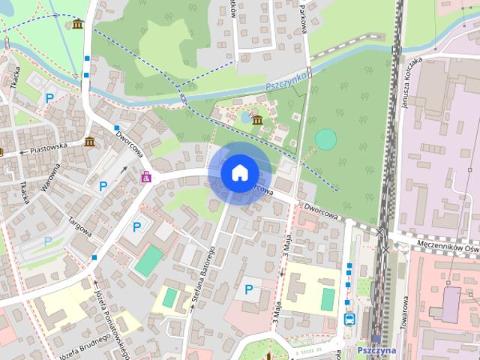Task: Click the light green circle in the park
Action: [325, 139]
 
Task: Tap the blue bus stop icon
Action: [349, 318]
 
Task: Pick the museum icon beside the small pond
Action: [256, 120]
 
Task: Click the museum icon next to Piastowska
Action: [89, 142]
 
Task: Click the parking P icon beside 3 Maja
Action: [248, 289]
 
